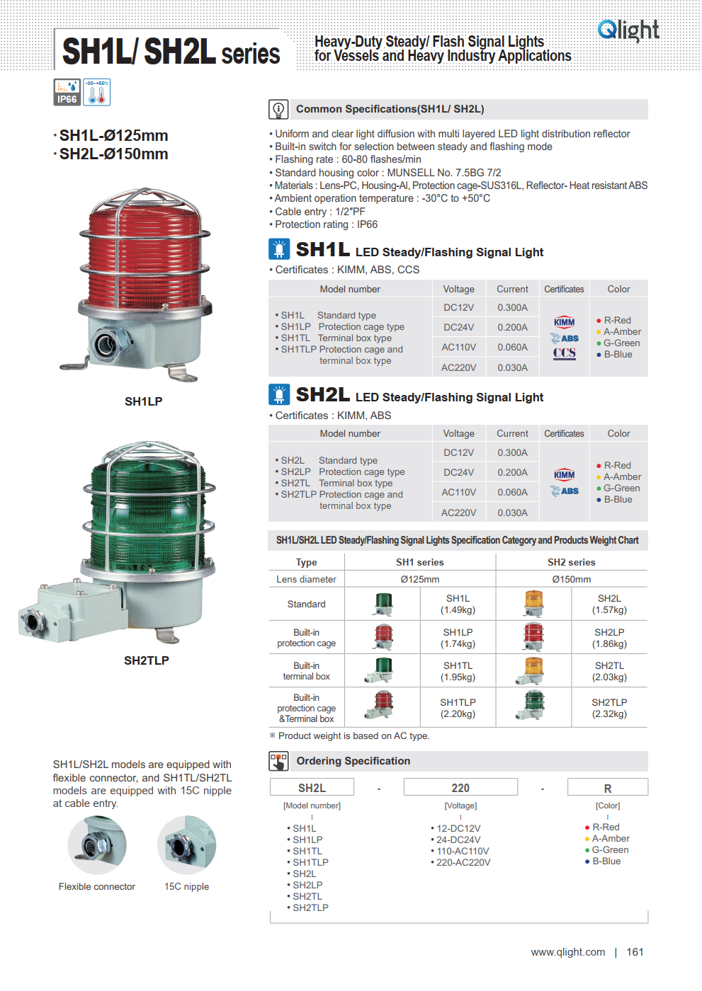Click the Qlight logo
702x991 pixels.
[628, 30]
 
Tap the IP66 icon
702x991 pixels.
[67, 92]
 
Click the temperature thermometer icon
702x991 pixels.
[97, 92]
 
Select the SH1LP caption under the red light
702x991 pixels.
[143, 401]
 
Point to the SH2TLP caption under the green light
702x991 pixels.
[146, 660]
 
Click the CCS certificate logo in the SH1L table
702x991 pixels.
[565, 353]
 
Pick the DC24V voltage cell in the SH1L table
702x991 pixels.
[459, 327]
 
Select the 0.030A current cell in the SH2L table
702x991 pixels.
[512, 512]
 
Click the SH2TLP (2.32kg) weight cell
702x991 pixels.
[609, 708]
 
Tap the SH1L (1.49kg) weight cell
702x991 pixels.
[458, 604]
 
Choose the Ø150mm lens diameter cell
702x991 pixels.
[572, 579]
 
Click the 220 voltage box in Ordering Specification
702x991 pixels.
[460, 788]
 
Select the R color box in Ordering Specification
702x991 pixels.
[607, 788]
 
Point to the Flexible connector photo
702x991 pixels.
[97, 845]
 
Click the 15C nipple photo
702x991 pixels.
[186, 845]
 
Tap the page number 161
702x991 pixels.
[635, 952]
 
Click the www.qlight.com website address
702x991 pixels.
[568, 952]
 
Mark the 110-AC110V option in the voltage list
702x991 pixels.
[463, 851]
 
